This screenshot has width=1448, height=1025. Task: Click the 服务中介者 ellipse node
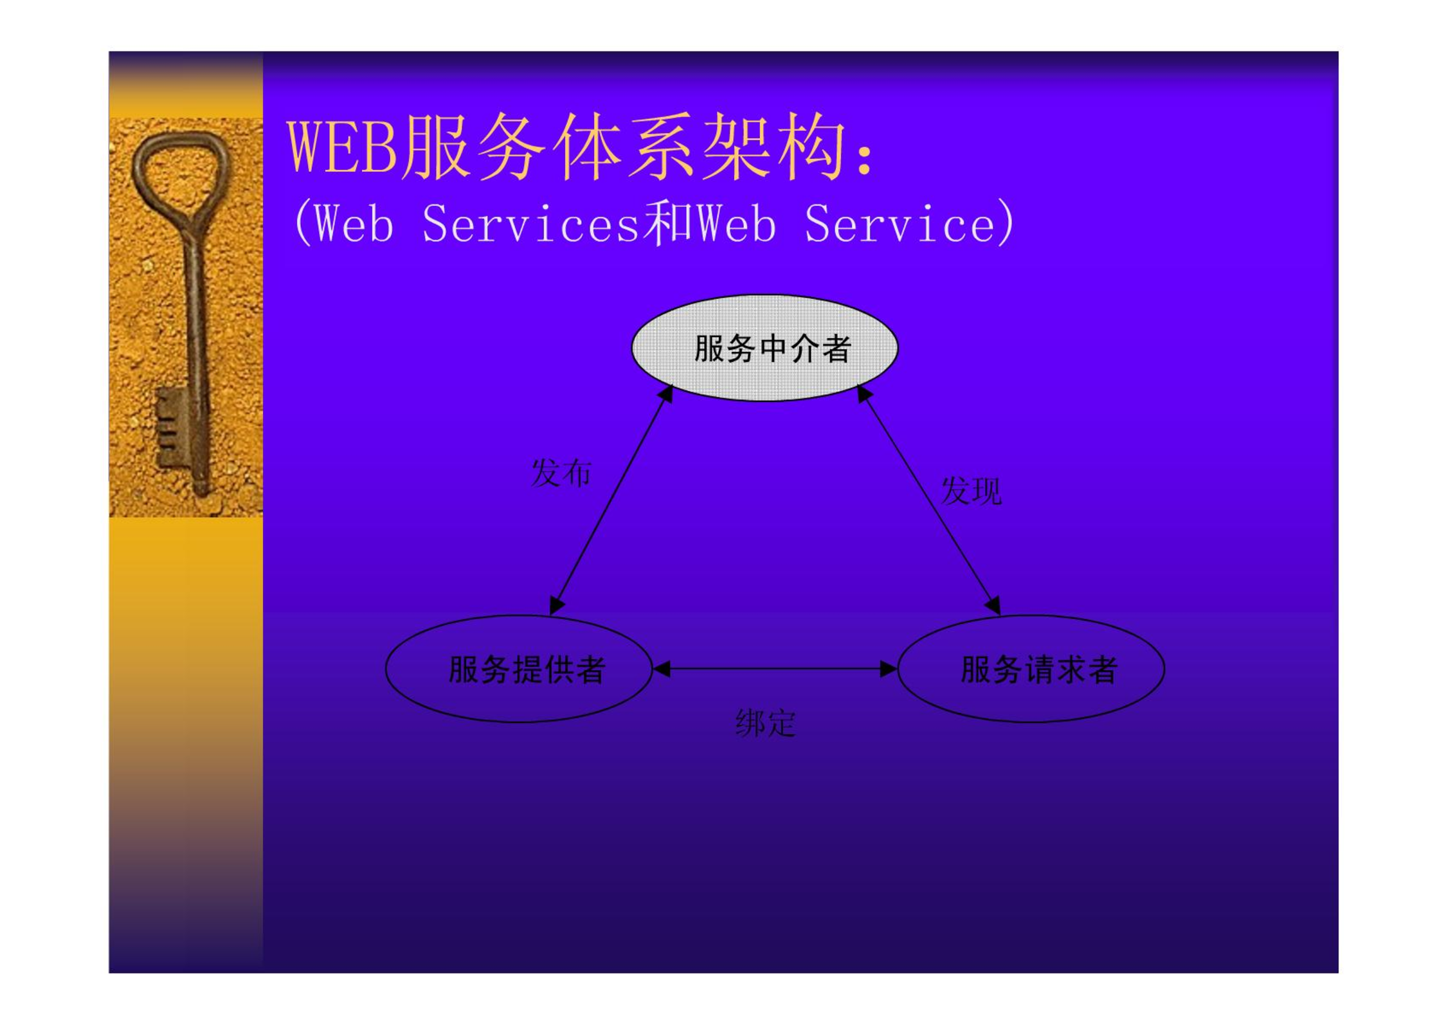coord(765,348)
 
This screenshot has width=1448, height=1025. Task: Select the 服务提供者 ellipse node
coord(519,669)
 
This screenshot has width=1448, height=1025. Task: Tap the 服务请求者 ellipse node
coord(1031,669)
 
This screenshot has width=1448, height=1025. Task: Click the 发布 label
coord(561,473)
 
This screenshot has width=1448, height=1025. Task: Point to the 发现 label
coord(971,491)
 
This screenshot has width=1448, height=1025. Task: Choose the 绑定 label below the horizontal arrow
coord(765,723)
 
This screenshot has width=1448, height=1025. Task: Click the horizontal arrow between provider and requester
coord(775,669)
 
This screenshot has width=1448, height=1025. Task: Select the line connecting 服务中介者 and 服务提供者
coord(611,500)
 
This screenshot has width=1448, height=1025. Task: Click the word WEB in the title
coord(342,147)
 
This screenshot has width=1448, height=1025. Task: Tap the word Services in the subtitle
coord(531,224)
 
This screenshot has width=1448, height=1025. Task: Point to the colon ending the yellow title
coord(865,158)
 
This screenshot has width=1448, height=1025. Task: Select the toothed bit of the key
coord(170,427)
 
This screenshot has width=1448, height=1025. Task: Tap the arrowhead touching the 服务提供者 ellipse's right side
coord(662,669)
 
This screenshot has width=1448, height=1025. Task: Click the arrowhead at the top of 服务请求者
coord(993,606)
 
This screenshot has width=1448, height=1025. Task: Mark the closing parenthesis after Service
coord(1006,222)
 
